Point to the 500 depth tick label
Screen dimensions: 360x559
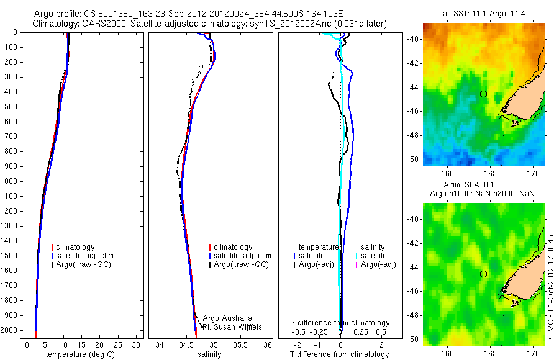pos(10,107)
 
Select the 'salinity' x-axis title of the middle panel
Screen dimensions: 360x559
pos(208,354)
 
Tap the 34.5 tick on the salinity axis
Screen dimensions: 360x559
pos(187,344)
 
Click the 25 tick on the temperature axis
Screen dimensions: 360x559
pos(118,344)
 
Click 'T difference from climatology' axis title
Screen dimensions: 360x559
pos(339,354)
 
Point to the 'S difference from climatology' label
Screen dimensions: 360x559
pos(340,323)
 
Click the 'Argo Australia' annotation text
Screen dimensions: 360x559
pos(227,318)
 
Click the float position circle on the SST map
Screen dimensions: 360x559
pos(483,94)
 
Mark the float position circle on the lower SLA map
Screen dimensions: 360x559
pos(483,274)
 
